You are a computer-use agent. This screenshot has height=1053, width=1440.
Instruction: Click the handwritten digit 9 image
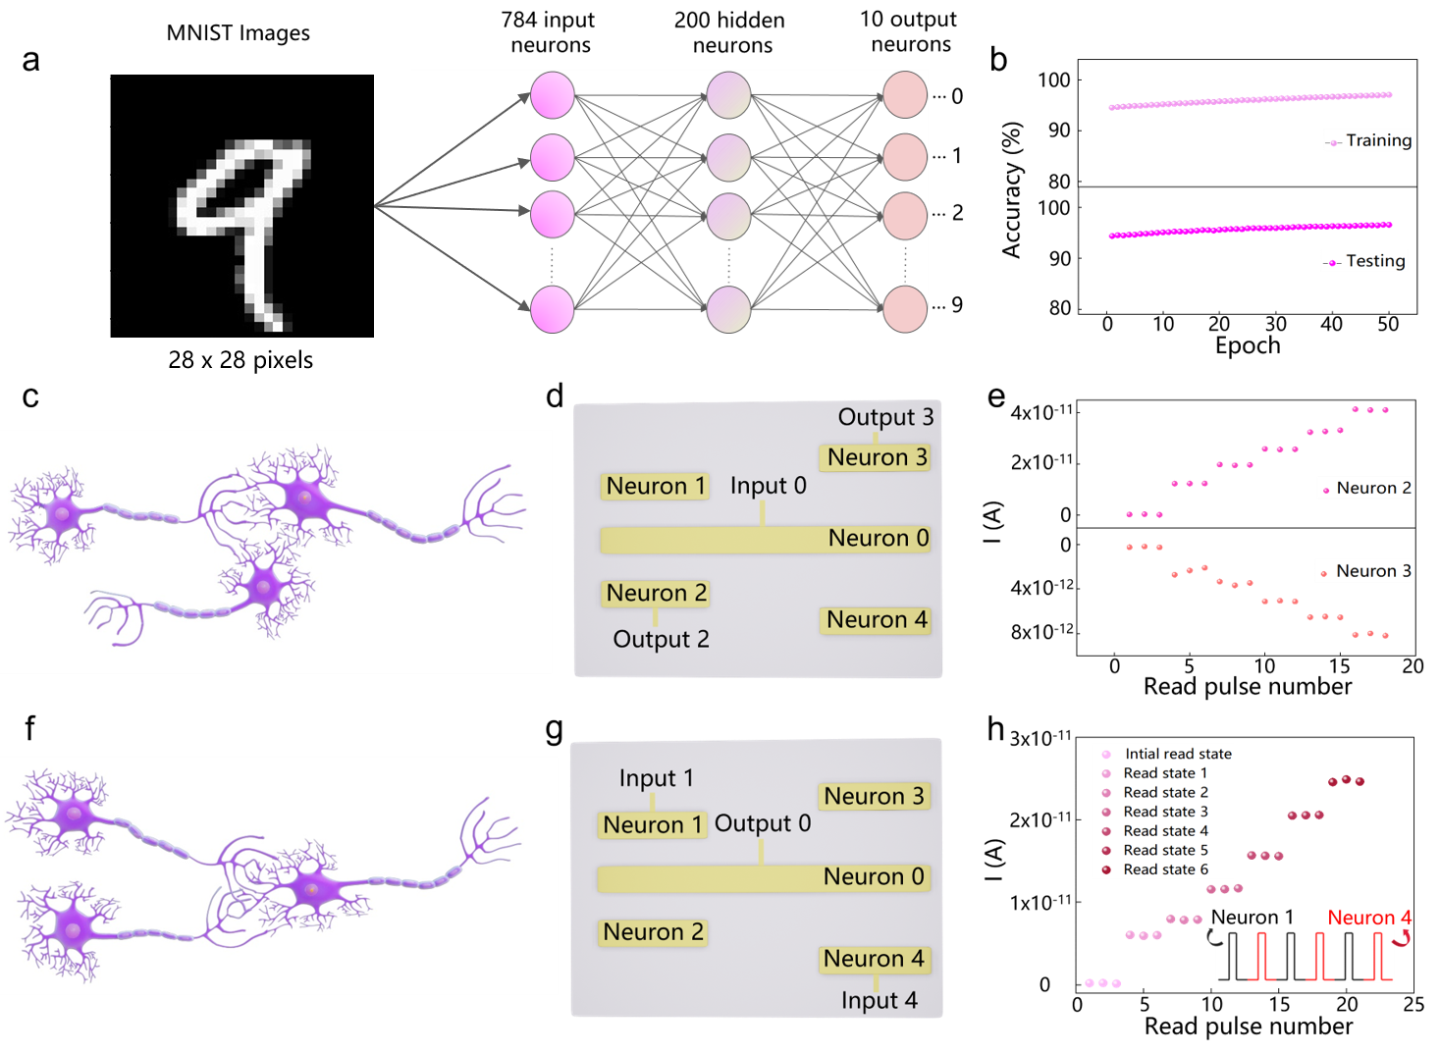pyautogui.click(x=241, y=206)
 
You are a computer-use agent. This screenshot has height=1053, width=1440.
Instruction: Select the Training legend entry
pyautogui.click(x=1368, y=140)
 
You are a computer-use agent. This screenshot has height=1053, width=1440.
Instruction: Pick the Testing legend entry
pyautogui.click(x=1364, y=261)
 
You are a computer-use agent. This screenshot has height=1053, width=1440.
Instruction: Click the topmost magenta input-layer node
pyautogui.click(x=553, y=95)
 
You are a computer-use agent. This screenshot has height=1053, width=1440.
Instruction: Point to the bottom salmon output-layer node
pyautogui.click(x=905, y=309)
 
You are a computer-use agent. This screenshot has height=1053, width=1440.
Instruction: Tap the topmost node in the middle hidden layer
pyautogui.click(x=728, y=95)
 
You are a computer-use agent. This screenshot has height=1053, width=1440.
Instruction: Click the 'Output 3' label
pyautogui.click(x=885, y=417)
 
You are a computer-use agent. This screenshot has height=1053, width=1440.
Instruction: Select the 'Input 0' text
pyautogui.click(x=768, y=486)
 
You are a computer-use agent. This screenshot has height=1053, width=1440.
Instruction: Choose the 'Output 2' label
pyautogui.click(x=661, y=639)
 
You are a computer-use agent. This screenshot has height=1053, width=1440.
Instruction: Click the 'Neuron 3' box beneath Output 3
pyautogui.click(x=876, y=457)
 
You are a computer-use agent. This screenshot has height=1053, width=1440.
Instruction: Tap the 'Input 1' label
pyautogui.click(x=656, y=778)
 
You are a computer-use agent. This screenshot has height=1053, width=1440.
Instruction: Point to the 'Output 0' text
pyautogui.click(x=763, y=823)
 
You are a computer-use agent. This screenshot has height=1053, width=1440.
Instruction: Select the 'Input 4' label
pyautogui.click(x=879, y=1000)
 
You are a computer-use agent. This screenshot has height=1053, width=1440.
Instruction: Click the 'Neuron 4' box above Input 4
pyautogui.click(x=874, y=959)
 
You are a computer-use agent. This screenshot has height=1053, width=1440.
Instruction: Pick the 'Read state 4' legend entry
pyautogui.click(x=1164, y=831)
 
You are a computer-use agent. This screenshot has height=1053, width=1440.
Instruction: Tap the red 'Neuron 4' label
pyautogui.click(x=1369, y=918)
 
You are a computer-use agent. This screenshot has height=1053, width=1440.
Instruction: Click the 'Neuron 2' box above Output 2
pyautogui.click(x=656, y=593)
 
